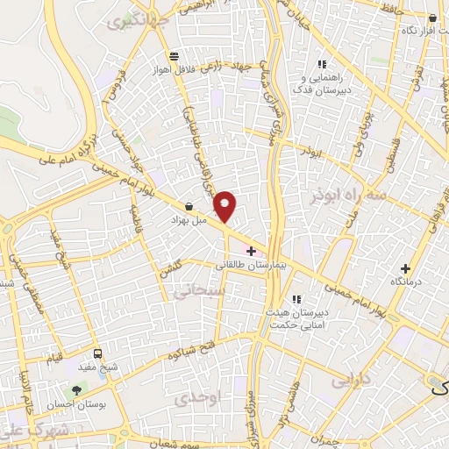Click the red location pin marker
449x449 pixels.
tap(226, 205)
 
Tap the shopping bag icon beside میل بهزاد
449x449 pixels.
tap(189, 207)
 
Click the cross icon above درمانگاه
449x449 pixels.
tap(404, 268)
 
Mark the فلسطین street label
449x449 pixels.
tap(387, 149)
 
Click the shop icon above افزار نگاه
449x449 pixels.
tap(432, 18)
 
